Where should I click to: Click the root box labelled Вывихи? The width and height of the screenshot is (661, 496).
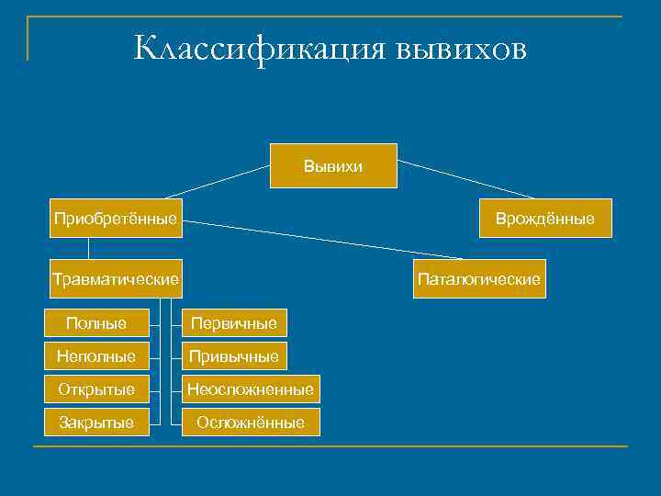tap(333, 166)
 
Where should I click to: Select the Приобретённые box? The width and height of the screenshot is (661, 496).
tap(115, 219)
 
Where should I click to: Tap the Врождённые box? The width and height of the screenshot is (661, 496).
tap(544, 219)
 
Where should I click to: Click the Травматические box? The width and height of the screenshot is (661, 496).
tap(115, 277)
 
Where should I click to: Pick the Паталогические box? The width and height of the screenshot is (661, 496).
tap(478, 277)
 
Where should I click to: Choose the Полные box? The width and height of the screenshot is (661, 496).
tap(96, 322)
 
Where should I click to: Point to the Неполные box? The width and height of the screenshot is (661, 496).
tap(96, 355)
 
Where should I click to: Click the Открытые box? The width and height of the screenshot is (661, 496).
tap(96, 389)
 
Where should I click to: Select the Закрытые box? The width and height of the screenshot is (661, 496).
tap(96, 423)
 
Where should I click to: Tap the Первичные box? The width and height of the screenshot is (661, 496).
tap(233, 322)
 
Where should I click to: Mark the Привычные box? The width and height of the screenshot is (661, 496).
tap(233, 355)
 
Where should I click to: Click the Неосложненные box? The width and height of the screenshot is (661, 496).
tap(250, 389)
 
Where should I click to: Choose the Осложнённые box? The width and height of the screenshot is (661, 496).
tap(250, 423)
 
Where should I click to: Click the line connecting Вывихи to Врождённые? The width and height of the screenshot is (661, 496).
tap(465, 179)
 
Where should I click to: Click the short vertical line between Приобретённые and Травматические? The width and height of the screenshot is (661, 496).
tap(89, 248)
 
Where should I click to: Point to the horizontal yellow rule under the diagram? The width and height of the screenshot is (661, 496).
tap(330, 447)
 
